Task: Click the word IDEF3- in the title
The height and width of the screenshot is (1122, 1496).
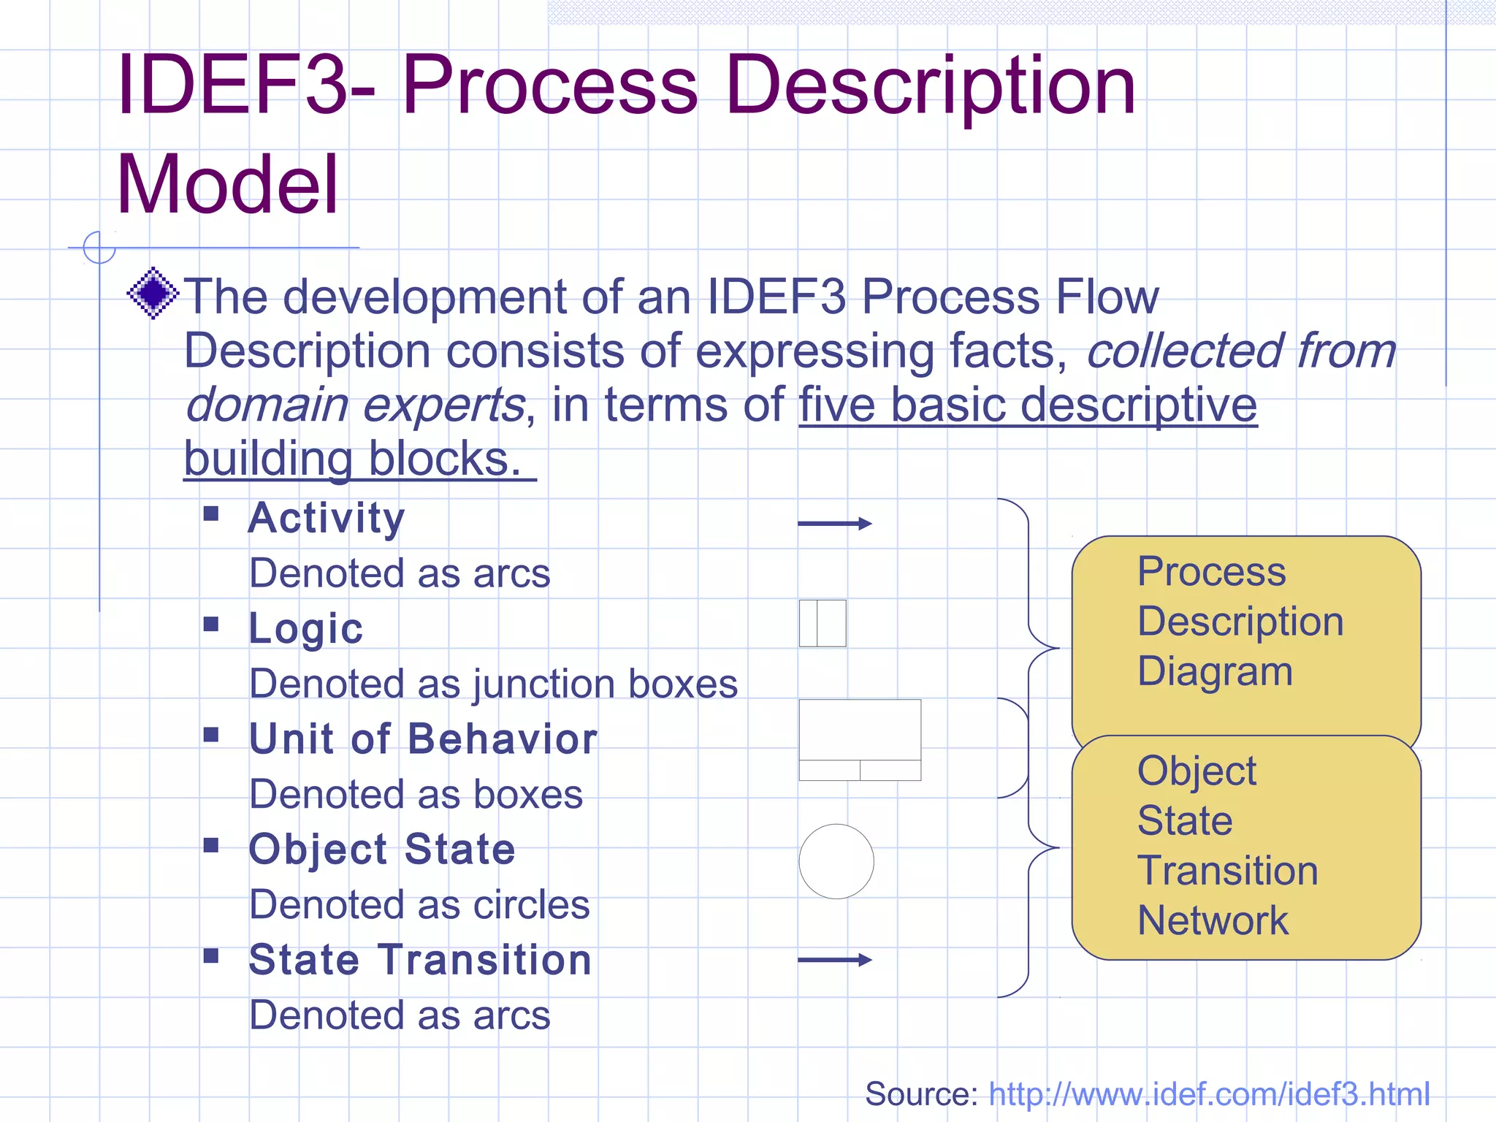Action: (245, 86)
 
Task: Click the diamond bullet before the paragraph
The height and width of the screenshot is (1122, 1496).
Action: (153, 293)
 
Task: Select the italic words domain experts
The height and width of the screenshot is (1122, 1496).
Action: (355, 405)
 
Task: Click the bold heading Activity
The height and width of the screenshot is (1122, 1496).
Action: (326, 518)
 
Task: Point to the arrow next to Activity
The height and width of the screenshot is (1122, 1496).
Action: (834, 523)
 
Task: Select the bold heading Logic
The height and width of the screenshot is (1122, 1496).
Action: (305, 628)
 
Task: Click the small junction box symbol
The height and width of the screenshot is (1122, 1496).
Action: (823, 623)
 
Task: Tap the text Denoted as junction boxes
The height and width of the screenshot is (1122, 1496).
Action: (493, 684)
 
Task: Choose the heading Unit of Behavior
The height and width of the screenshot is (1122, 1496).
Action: (423, 739)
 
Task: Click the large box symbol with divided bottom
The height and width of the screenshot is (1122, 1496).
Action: (860, 739)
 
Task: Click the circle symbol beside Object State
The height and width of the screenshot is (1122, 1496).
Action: (836, 861)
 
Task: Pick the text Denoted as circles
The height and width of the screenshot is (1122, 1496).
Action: (419, 905)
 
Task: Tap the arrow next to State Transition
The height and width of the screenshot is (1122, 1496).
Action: (834, 960)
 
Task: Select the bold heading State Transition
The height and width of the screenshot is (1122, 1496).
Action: (420, 960)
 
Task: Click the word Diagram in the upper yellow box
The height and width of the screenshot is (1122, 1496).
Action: (1215, 671)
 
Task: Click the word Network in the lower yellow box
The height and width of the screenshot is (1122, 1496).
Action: (1213, 920)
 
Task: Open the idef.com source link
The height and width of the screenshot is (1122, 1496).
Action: (1209, 1094)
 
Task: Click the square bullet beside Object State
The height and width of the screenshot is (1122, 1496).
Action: (211, 845)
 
